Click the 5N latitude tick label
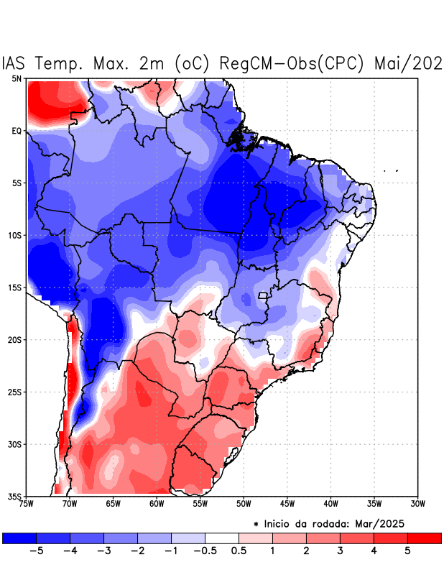[16, 78]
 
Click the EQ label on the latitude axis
[17, 131]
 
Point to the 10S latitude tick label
[14, 235]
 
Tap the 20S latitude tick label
[14, 339]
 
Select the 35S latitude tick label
[14, 496]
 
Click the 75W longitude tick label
[27, 504]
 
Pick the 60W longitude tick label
[156, 504]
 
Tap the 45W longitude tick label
[287, 504]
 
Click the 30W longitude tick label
[417, 504]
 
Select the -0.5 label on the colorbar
[204, 551]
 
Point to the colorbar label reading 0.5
[239, 551]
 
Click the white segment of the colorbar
[222, 538]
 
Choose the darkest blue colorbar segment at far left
[19, 538]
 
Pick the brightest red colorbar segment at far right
[424, 538]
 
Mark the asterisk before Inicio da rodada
[256, 525]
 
